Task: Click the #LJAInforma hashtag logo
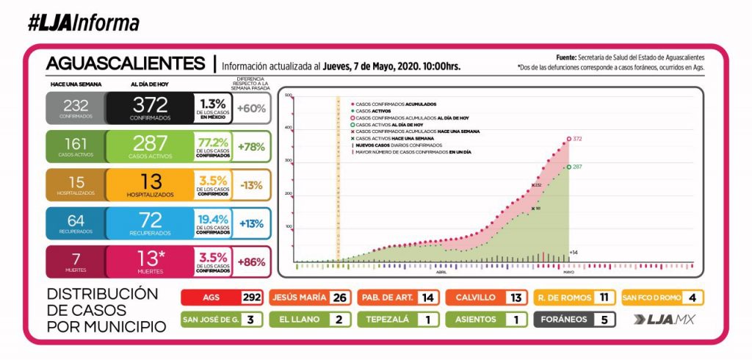[x=82, y=24]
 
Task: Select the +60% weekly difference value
[x=251, y=109]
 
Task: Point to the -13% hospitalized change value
[x=251, y=184]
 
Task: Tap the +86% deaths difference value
[x=251, y=262]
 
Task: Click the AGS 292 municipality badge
[x=222, y=298]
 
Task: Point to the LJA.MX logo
[x=664, y=320]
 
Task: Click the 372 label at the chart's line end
[x=577, y=138]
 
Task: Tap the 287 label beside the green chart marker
[x=577, y=168]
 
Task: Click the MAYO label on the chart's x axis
[x=568, y=272]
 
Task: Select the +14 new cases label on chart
[x=574, y=253]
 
